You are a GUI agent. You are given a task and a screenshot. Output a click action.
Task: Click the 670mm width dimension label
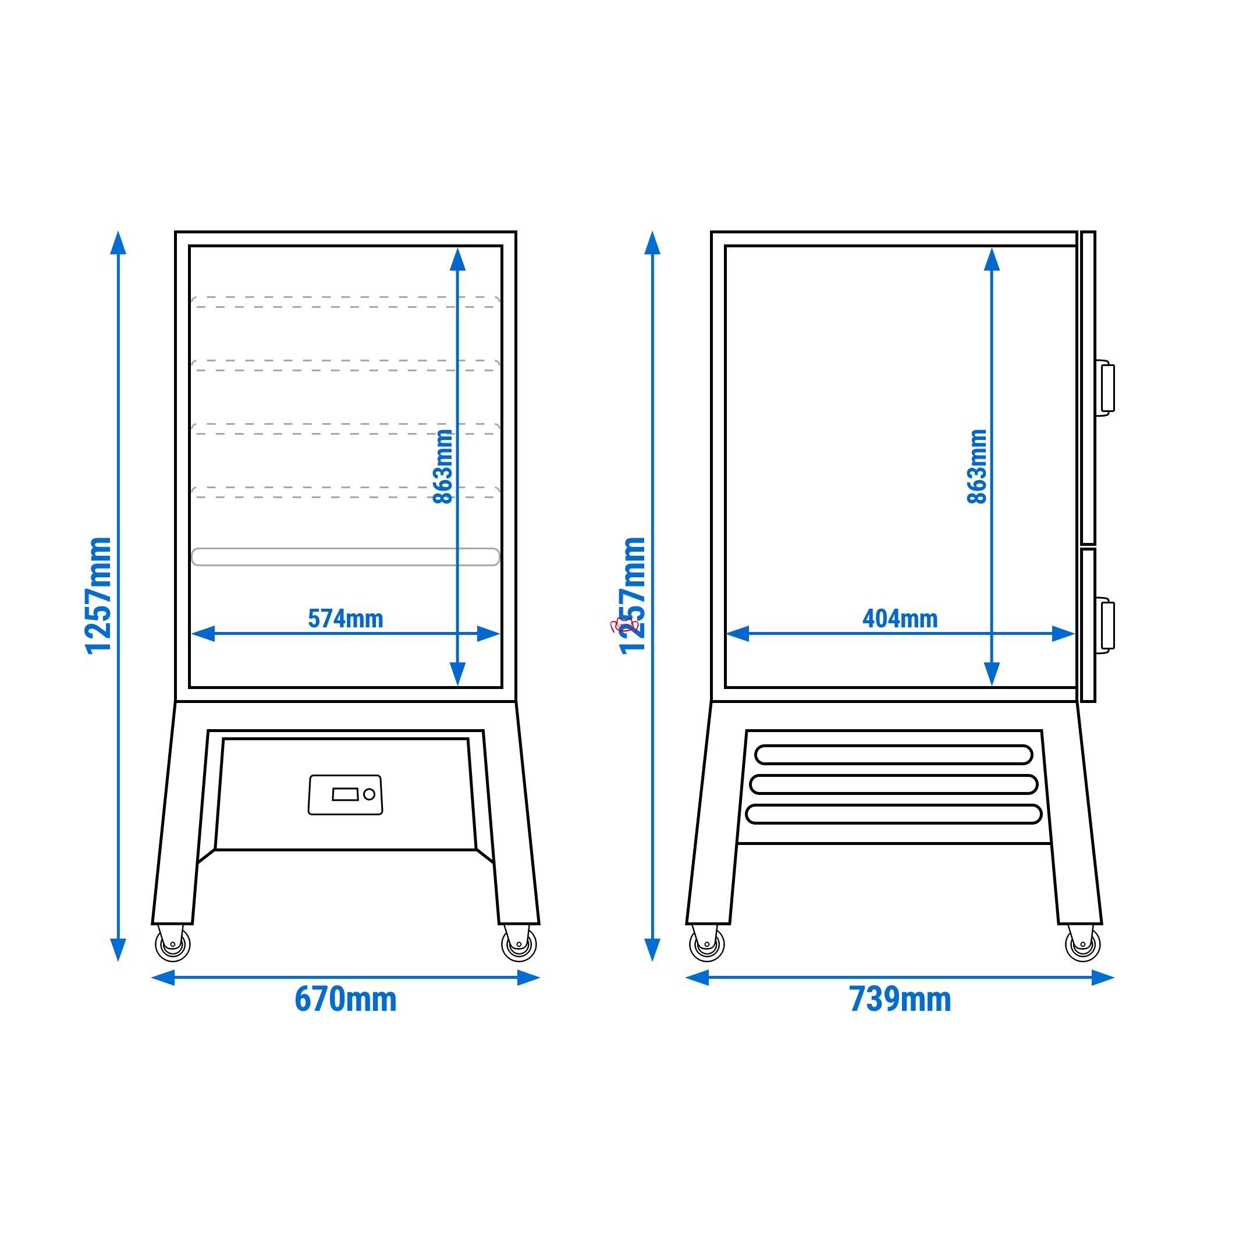[x=346, y=1000]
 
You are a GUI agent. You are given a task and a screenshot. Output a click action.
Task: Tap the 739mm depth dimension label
[x=900, y=1000]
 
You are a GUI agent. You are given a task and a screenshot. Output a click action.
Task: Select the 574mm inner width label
[x=346, y=619]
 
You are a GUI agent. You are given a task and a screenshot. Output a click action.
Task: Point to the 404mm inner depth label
[x=900, y=619]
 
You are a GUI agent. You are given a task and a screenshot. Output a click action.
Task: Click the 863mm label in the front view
[x=443, y=467]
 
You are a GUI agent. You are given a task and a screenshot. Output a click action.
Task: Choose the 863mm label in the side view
[x=977, y=467]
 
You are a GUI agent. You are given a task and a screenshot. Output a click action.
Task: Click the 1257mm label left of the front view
[x=98, y=596]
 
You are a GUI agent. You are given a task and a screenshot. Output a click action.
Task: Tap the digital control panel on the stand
[x=346, y=794]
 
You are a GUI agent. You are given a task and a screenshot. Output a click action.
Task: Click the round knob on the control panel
[x=370, y=794]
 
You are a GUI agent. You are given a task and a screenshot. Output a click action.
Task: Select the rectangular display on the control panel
[x=345, y=794]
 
